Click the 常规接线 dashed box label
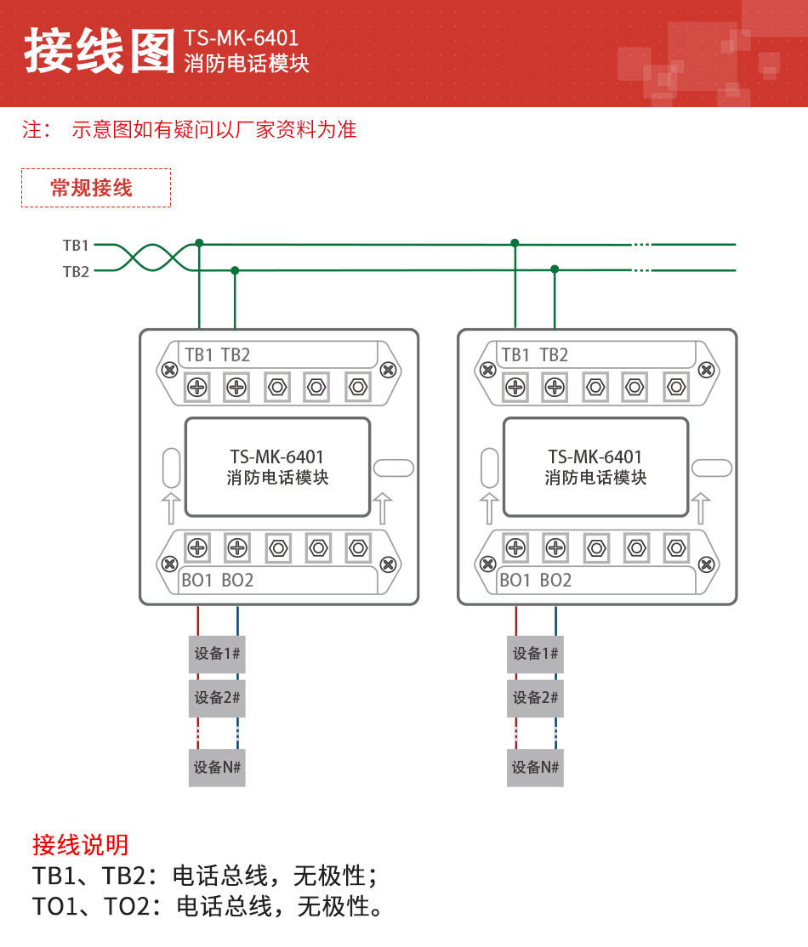coord(95,188)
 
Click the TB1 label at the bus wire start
coord(76,245)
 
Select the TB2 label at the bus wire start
coord(76,272)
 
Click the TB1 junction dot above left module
coord(199,243)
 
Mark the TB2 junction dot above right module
coord(555,269)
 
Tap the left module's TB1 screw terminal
coord(197,388)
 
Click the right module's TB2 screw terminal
coord(555,388)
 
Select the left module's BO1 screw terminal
coord(197,547)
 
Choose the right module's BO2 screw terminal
coord(555,547)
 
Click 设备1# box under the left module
coord(217,654)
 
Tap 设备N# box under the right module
coord(535,768)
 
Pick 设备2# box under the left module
coord(217,698)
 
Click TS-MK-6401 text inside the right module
coord(595,457)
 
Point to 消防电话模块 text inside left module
coord(277,478)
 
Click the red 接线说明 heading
coord(81,844)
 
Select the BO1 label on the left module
coord(197,581)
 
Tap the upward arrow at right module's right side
coord(701,508)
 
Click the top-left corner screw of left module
coord(170,370)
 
